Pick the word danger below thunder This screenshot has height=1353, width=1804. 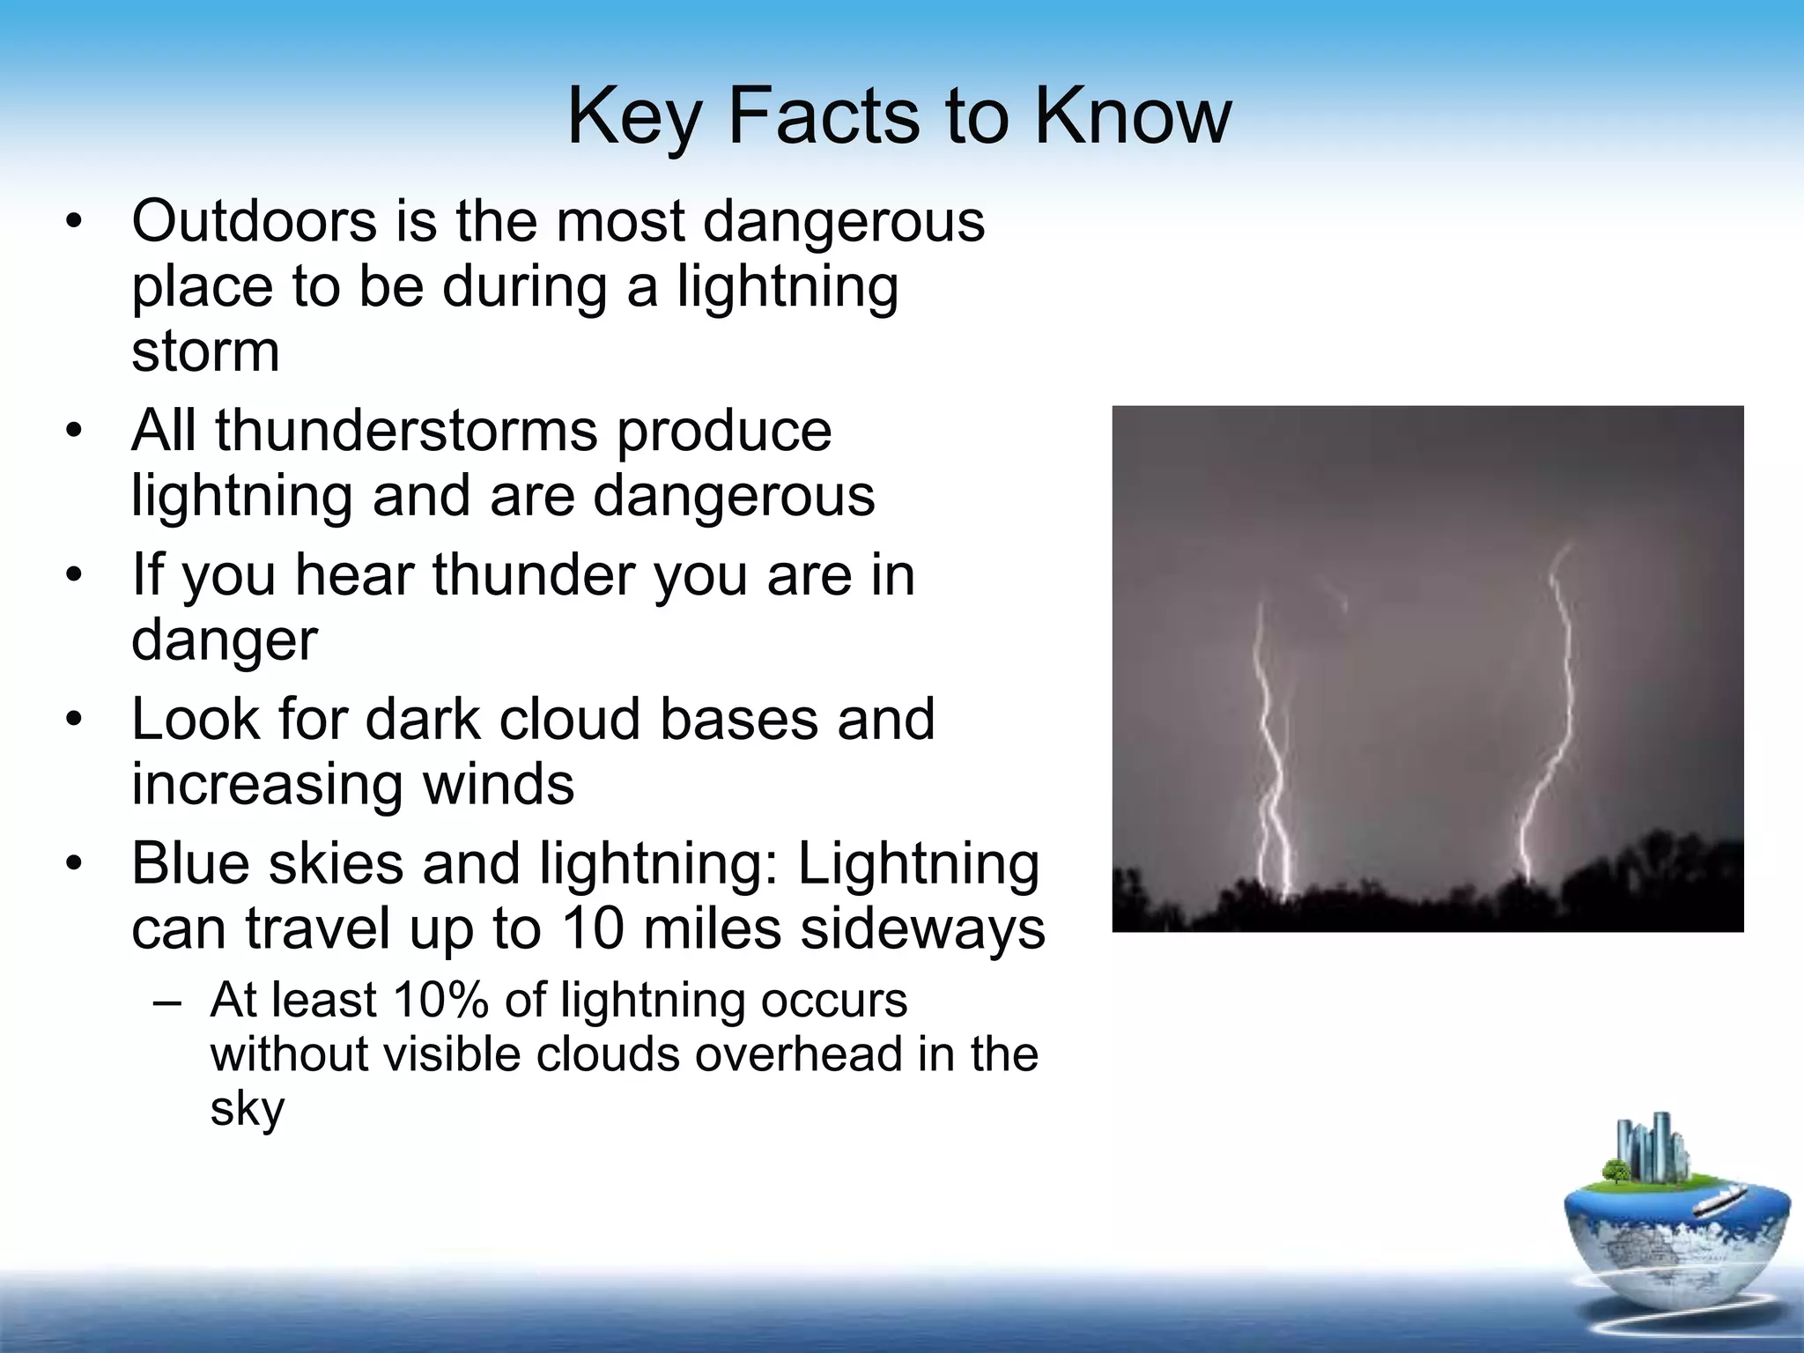(x=224, y=641)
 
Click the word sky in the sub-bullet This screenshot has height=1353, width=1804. (x=247, y=1110)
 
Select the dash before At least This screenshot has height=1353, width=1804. (x=166, y=1002)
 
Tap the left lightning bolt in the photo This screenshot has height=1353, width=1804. (x=1268, y=749)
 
